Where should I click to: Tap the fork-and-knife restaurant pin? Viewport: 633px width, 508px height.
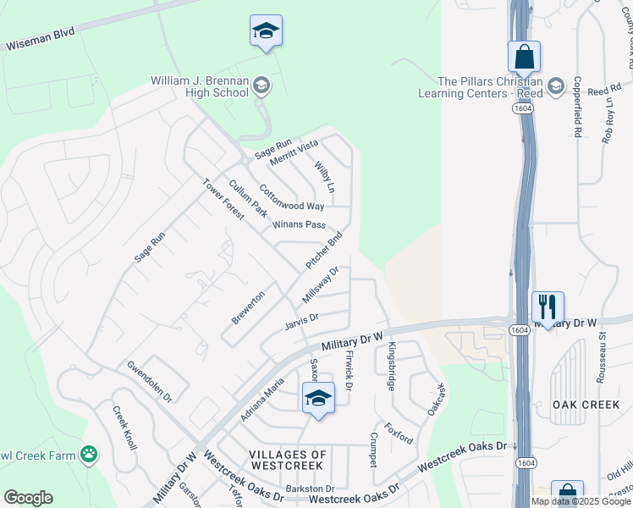(548, 306)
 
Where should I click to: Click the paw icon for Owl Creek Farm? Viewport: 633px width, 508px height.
(89, 454)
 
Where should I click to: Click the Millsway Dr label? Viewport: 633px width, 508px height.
(321, 285)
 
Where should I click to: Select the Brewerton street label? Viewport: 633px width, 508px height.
(248, 306)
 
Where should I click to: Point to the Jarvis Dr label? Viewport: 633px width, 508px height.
(300, 318)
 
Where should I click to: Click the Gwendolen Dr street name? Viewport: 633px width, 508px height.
(149, 381)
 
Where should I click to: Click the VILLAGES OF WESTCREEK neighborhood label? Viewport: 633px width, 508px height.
(288, 461)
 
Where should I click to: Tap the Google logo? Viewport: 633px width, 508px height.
(28, 498)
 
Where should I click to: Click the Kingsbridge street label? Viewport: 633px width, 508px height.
(391, 366)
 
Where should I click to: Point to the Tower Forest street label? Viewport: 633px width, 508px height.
(223, 199)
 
